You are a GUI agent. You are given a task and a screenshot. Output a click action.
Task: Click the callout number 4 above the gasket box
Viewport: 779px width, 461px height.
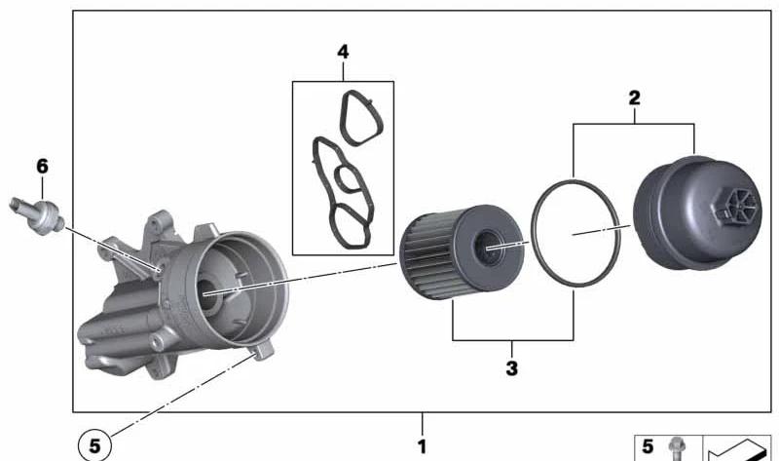(x=343, y=52)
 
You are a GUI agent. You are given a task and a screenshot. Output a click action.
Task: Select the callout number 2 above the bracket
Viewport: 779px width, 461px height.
(x=634, y=98)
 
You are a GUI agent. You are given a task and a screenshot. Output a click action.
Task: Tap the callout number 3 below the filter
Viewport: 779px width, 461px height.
(x=512, y=368)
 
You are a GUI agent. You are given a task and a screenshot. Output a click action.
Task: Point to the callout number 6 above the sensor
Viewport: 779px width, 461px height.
(x=42, y=166)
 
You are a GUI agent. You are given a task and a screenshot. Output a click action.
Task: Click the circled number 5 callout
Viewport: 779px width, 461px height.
(x=94, y=445)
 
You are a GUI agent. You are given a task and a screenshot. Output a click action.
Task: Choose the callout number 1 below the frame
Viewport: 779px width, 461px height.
(x=422, y=446)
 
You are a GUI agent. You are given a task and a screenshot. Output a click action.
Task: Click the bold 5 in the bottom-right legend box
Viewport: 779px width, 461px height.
(x=648, y=446)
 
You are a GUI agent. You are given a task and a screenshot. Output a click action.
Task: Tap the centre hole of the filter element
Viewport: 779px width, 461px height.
(x=488, y=247)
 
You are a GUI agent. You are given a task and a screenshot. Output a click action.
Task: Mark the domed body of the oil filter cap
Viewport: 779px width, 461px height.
(x=695, y=213)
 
